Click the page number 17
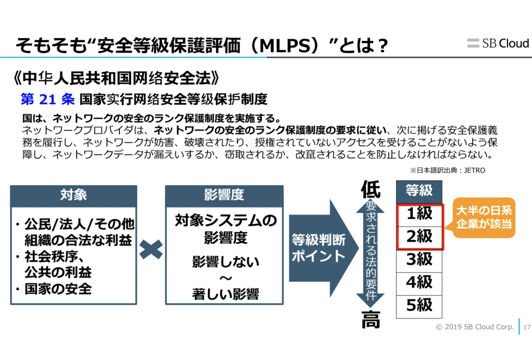pyautogui.click(x=527, y=328)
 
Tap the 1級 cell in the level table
pyautogui.click(x=419, y=214)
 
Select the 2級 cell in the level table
pyautogui.click(x=419, y=237)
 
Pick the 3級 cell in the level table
pyautogui.click(x=419, y=260)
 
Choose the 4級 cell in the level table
pyautogui.click(x=419, y=282)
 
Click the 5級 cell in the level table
pyautogui.click(x=419, y=305)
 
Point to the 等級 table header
pyautogui.click(x=419, y=191)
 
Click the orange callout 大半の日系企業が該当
pyautogui.click(x=484, y=217)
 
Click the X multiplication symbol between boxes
pyautogui.click(x=151, y=250)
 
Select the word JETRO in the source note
pyautogui.click(x=475, y=170)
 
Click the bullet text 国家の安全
pyautogui.click(x=58, y=290)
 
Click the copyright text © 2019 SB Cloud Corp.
pyautogui.click(x=475, y=328)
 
